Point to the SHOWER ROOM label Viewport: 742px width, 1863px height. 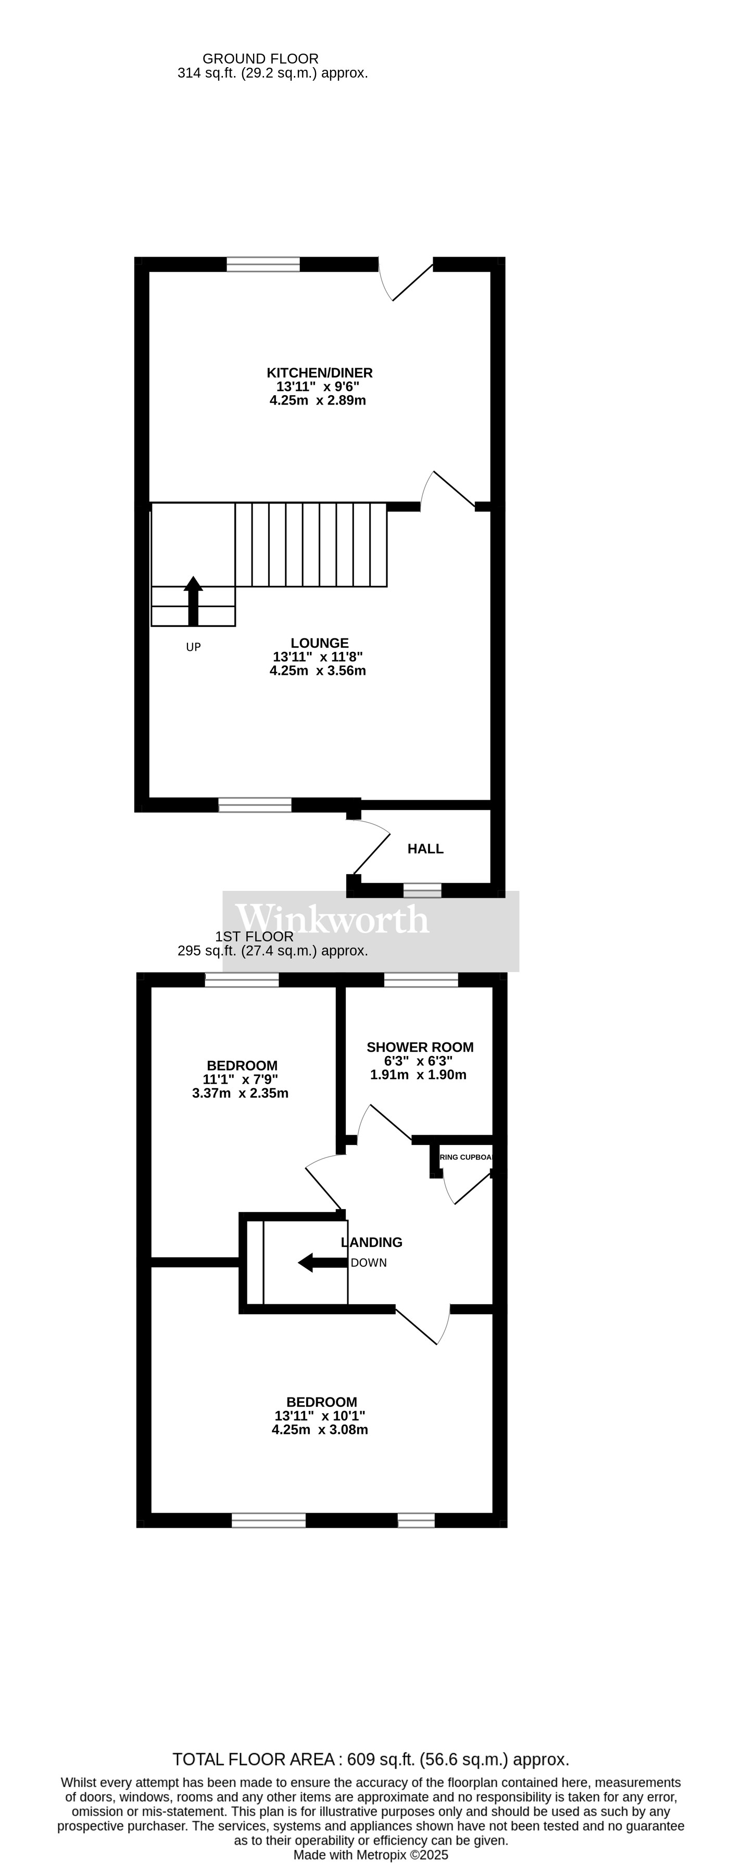[x=420, y=1047]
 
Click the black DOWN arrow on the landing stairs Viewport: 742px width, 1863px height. [x=322, y=1263]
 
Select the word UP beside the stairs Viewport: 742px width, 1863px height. [x=193, y=647]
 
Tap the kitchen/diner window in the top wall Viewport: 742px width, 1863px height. [x=263, y=264]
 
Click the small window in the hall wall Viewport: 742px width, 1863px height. [x=422, y=890]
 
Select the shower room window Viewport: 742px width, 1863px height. [x=421, y=980]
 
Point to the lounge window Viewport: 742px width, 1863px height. [x=255, y=805]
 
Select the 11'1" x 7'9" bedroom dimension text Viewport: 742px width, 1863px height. [x=240, y=1079]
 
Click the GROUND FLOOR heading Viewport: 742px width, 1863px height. [x=260, y=59]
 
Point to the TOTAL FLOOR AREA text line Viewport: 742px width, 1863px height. [x=370, y=1759]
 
